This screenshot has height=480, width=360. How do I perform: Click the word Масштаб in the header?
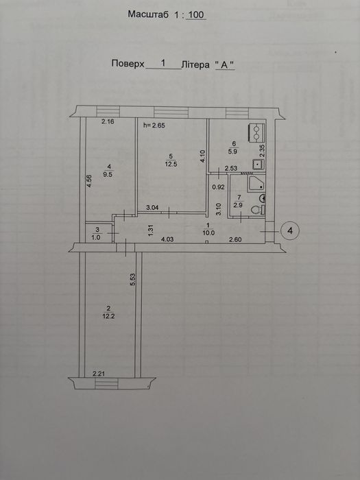(x=148, y=14)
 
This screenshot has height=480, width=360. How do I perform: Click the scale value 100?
(x=196, y=14)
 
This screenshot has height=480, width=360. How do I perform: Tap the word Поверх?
(x=128, y=64)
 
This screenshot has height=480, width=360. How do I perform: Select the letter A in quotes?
(x=225, y=65)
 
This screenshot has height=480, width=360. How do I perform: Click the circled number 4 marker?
(x=289, y=230)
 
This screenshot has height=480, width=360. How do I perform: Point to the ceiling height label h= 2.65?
(x=154, y=125)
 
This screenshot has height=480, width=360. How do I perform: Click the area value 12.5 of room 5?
(x=171, y=164)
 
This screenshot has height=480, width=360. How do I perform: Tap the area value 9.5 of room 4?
(x=108, y=176)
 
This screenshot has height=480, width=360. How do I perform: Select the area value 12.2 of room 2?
(x=108, y=317)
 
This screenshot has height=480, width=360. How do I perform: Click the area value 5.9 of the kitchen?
(x=234, y=151)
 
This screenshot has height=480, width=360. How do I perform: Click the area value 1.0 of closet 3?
(x=97, y=237)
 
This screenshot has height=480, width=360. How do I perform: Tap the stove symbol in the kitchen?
(x=256, y=132)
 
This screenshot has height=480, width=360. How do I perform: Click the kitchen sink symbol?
(x=259, y=165)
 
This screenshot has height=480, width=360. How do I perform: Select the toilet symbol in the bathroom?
(x=258, y=210)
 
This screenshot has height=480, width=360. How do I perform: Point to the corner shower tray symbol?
(x=256, y=184)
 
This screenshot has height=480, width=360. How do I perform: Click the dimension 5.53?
(x=132, y=279)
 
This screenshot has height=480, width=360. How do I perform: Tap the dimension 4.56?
(x=88, y=181)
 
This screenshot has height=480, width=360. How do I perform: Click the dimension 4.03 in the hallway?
(x=167, y=239)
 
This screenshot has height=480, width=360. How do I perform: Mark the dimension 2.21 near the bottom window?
(x=99, y=374)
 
